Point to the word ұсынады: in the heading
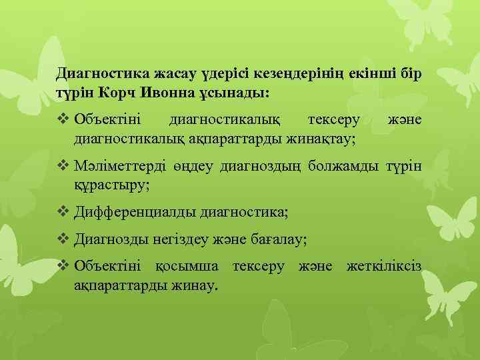[x=243, y=91]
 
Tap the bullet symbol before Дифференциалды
[x=63, y=212]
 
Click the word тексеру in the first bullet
[x=333, y=120]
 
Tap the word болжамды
[x=345, y=165]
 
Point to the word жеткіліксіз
[x=385, y=267]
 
